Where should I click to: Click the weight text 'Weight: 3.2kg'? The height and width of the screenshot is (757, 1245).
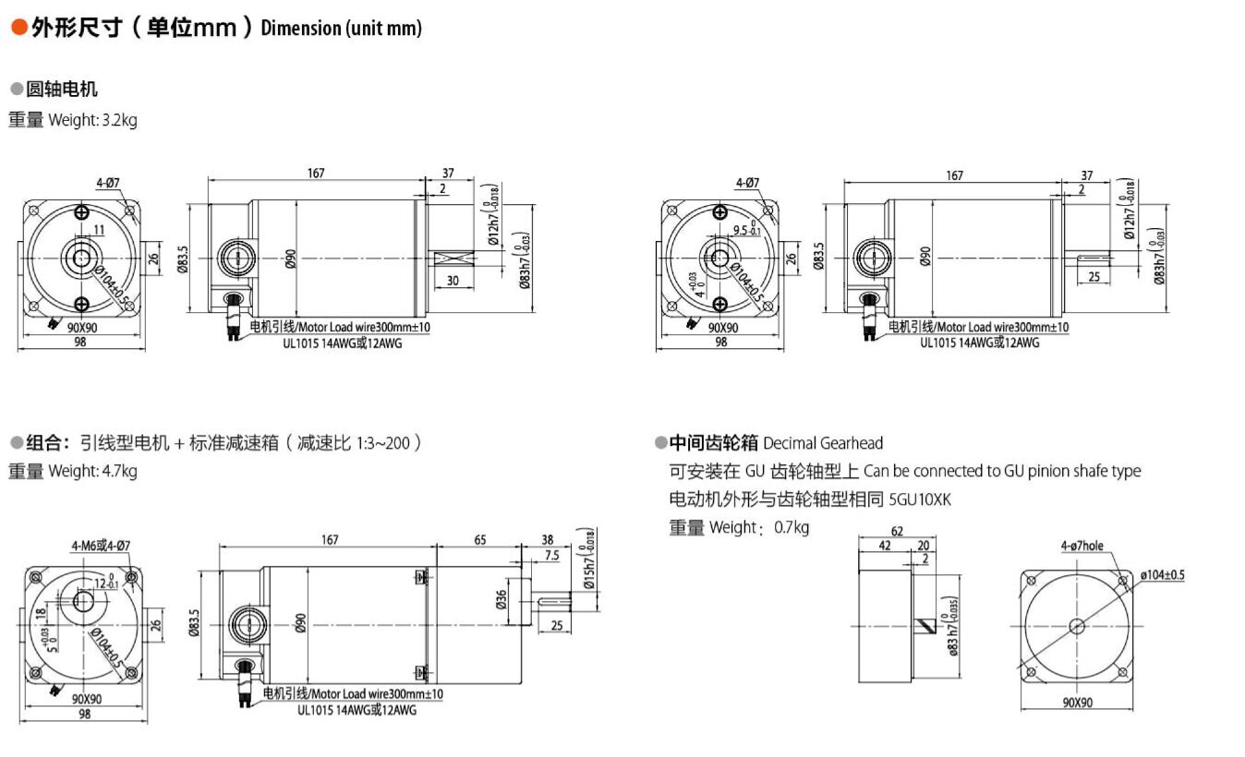tap(92, 120)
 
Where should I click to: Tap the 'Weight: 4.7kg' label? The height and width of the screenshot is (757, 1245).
tap(92, 472)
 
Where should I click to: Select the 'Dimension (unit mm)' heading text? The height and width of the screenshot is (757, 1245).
tap(341, 28)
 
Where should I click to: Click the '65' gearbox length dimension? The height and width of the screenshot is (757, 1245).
tap(479, 540)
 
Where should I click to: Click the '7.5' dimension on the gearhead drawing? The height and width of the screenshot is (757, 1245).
tap(551, 556)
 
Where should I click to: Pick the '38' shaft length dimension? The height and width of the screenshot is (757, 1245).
tap(547, 540)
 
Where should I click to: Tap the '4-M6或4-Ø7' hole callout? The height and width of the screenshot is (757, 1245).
tap(101, 545)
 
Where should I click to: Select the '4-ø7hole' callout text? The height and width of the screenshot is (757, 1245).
tap(1082, 546)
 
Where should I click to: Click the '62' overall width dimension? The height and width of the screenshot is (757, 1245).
tap(897, 531)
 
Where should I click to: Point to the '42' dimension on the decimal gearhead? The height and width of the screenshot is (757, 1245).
tap(885, 546)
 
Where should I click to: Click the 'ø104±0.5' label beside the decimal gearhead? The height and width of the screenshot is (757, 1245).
tap(1162, 575)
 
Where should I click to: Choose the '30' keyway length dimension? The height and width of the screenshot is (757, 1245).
tap(453, 281)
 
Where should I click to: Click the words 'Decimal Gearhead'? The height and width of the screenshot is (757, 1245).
tap(823, 443)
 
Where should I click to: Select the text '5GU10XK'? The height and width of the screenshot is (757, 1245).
tap(920, 499)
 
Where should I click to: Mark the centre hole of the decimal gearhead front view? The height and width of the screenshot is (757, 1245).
tap(1076, 626)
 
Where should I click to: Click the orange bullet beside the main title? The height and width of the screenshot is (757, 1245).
tap(18, 28)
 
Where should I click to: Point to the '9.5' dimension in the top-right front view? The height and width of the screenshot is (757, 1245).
tap(740, 231)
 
